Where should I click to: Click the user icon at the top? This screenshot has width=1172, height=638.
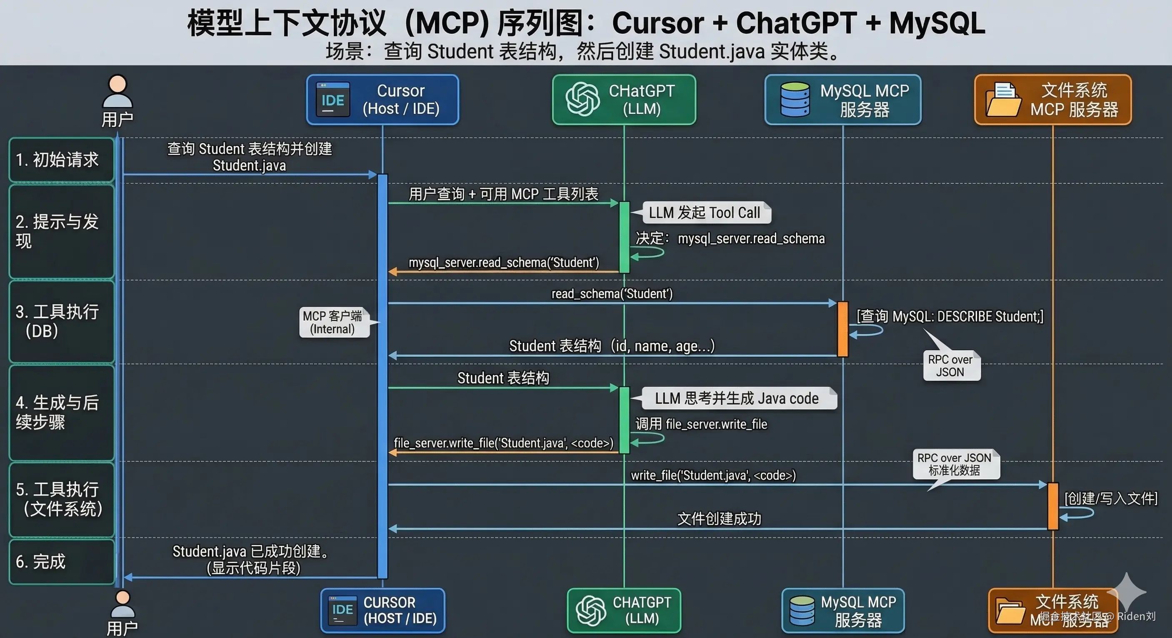pos(117,91)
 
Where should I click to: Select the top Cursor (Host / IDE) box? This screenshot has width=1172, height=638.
pos(382,100)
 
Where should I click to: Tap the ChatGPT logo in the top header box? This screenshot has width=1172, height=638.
pos(582,99)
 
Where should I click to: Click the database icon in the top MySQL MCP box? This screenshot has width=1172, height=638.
pos(795,99)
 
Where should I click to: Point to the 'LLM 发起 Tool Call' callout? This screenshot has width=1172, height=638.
pos(704,213)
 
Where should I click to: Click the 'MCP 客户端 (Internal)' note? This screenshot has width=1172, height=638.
pos(333,322)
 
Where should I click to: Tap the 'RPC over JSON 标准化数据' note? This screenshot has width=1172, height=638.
pos(955,464)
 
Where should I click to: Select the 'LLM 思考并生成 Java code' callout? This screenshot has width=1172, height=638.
pos(737,398)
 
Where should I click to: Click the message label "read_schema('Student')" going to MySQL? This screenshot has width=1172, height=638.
pos(612,294)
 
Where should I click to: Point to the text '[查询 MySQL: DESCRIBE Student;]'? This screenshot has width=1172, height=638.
pos(950,316)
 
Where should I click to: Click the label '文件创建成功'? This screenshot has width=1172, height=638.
pos(719,518)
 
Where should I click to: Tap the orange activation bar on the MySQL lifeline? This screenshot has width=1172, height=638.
pos(842,328)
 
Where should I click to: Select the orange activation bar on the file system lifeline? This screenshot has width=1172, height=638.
pos(1053,506)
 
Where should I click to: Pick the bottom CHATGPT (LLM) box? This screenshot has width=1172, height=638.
pos(624,610)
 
